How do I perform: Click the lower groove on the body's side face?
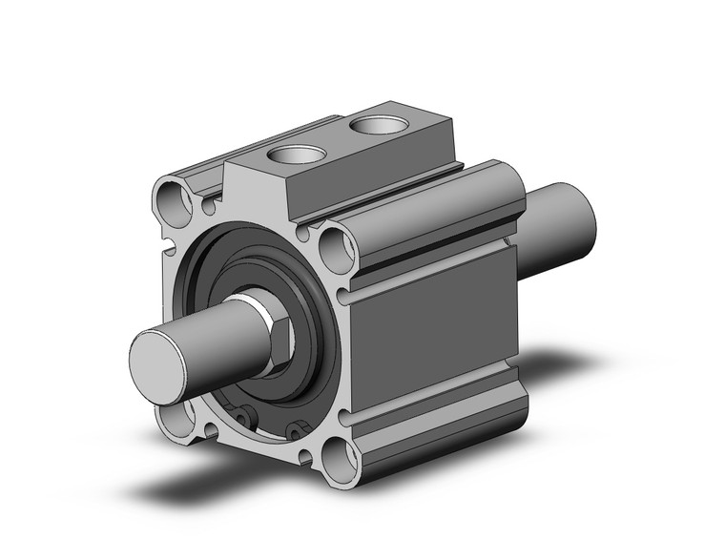429,416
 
